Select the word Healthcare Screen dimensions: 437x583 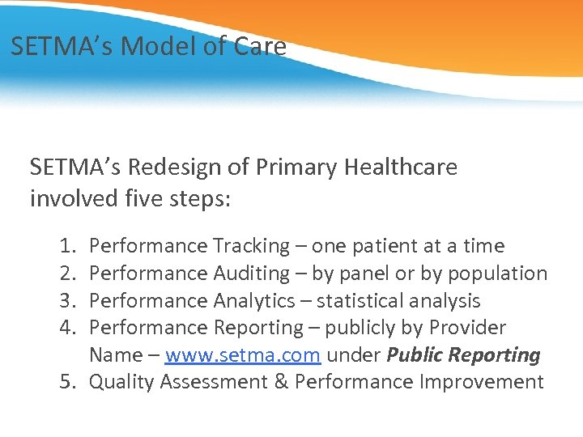click(401, 168)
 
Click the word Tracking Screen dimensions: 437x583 click(250, 246)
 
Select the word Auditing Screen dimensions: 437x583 click(251, 274)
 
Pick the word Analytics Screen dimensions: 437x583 click(254, 301)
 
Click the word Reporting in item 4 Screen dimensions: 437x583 click(257, 328)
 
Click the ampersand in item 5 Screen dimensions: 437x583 click(279, 382)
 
